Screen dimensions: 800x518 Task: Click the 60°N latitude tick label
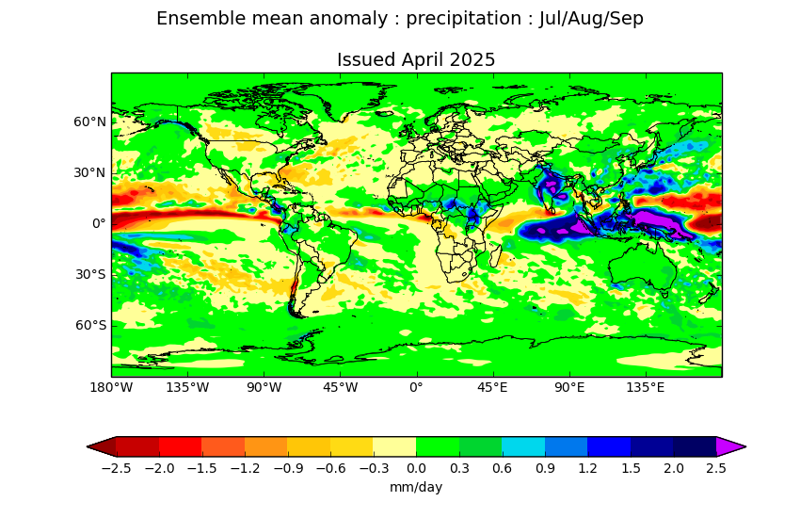click(89, 122)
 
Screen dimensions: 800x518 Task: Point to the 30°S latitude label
click(90, 275)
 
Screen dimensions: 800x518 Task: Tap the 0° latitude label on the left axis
click(99, 223)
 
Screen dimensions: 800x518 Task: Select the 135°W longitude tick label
click(187, 388)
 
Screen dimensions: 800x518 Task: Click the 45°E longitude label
click(492, 388)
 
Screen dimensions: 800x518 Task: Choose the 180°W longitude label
click(111, 388)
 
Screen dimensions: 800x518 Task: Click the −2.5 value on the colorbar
click(116, 468)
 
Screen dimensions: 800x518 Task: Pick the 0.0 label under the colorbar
click(416, 468)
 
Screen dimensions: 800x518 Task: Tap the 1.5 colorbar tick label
click(631, 468)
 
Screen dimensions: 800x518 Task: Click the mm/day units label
click(416, 487)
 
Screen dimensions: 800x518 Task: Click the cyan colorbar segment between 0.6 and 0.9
click(523, 446)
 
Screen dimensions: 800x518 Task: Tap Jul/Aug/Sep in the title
click(591, 19)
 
